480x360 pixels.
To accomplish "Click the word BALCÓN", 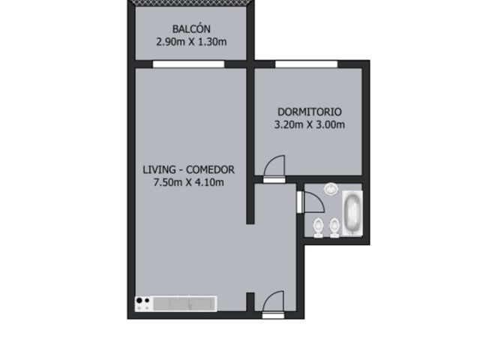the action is [191, 28].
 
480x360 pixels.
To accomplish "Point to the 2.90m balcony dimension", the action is [170, 42].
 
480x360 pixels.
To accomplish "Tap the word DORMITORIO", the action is [310, 112].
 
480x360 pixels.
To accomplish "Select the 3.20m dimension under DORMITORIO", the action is [289, 124].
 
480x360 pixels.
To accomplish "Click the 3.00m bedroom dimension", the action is [330, 124].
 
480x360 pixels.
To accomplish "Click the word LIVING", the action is [159, 169].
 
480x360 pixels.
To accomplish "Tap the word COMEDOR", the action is [210, 169].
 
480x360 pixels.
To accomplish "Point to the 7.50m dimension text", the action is [168, 182].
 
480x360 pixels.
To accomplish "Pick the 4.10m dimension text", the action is [209, 182].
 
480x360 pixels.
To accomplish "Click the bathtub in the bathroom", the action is [352, 213].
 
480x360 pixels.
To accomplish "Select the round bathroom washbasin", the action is [331, 188].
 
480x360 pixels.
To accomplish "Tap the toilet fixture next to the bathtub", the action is [334, 228].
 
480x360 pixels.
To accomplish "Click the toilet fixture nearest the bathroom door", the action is [318, 228].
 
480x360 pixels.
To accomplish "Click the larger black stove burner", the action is [139, 300].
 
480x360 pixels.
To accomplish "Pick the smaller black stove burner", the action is [147, 300].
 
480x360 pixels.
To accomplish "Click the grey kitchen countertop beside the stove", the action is [184, 304].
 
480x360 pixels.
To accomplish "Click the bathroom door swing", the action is [313, 202].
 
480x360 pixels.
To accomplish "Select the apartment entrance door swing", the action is [273, 302].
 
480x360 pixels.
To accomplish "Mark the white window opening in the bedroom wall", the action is [306, 64].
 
